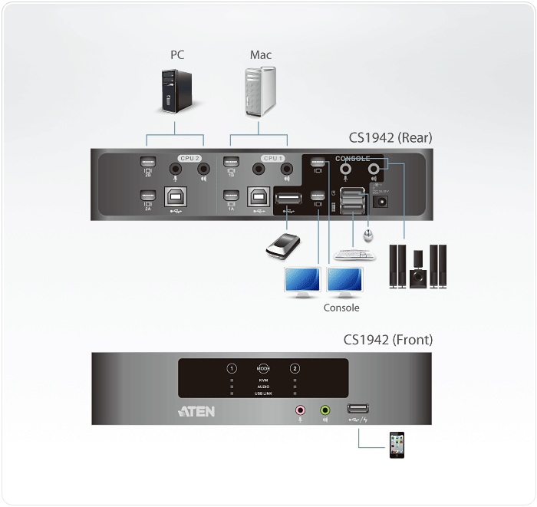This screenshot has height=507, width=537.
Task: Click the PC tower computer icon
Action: point(176,91)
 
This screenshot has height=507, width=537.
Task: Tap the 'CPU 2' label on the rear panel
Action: point(190,158)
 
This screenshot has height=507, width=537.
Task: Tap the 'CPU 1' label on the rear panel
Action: point(272,158)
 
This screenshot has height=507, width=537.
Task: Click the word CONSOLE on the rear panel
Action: point(352,159)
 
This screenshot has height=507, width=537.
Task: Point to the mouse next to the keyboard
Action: point(370,231)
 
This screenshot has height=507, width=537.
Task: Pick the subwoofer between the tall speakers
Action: point(417,272)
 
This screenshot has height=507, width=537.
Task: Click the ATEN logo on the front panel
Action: point(196,411)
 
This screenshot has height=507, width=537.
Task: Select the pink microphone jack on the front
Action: point(300,410)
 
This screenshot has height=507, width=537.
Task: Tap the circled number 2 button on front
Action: point(295,369)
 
